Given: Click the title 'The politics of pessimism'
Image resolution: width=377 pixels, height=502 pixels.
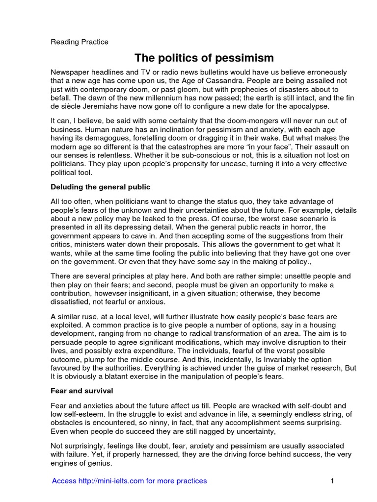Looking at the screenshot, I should pos(204,58).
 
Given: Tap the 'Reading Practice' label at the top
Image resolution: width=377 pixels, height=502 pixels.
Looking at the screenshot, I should pos(80,42).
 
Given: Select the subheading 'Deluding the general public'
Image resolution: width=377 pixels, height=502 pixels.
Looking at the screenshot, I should pos(101,187).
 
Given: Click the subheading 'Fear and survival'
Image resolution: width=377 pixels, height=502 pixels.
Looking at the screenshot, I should pos(82,391).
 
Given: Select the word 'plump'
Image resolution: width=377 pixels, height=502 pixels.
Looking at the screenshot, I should pos(97,359).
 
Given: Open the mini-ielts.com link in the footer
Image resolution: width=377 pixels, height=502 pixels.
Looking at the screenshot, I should pos(130,481).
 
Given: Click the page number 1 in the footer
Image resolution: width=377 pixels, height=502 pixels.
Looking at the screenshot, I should pos(332,481).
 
